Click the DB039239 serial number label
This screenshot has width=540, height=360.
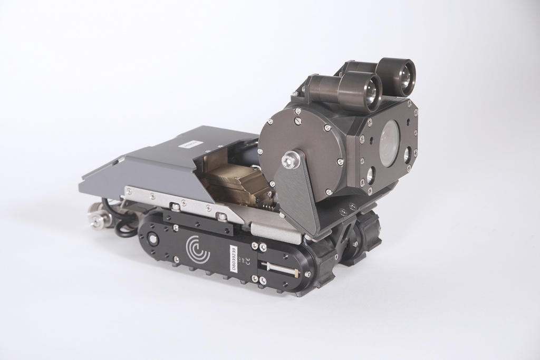coord(235,258)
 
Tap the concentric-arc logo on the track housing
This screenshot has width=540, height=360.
coord(198,248)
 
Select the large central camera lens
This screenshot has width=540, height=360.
coord(389,143)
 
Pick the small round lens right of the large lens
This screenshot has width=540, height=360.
coord(407,154)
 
